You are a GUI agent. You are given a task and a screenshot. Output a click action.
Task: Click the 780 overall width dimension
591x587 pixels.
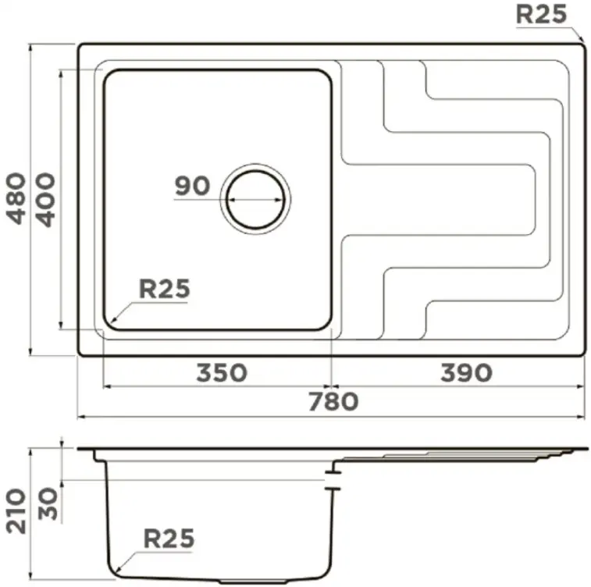[333, 401]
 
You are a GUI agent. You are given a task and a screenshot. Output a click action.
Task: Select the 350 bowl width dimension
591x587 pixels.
[222, 372]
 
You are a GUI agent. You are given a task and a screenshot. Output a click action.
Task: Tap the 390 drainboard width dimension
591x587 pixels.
[466, 372]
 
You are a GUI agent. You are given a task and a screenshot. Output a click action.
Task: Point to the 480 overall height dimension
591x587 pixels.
[16, 198]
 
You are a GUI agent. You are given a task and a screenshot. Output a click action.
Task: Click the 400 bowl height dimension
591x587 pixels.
[46, 200]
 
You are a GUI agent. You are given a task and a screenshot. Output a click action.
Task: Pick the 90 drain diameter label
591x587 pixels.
[192, 186]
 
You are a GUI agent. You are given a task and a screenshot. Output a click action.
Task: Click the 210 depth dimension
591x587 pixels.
[16, 511]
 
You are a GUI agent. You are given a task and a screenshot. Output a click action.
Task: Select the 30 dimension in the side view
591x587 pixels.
[48, 504]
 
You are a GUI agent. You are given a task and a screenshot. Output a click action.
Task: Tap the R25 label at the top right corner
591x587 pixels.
[541, 15]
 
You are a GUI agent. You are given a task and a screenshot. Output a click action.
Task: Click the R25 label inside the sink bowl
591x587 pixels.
[165, 289]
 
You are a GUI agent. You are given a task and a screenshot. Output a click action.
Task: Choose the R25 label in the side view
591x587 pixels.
[169, 539]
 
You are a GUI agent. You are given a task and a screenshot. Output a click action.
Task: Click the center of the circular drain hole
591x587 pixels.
[255, 199]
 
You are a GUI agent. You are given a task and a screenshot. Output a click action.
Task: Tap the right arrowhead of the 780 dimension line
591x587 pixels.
[580, 417]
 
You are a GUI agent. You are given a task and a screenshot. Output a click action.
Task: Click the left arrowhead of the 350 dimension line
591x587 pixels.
[109, 386]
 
